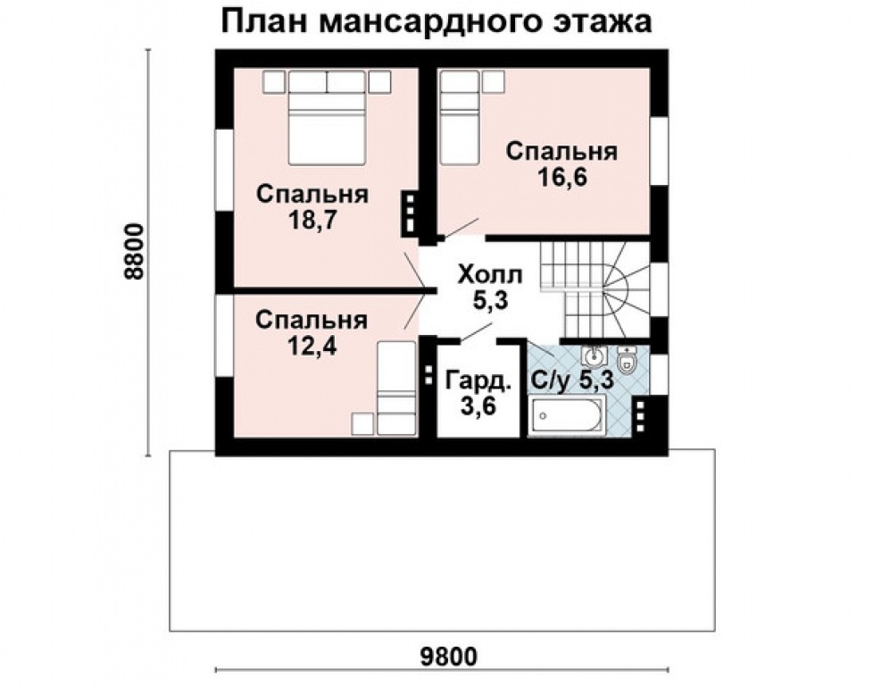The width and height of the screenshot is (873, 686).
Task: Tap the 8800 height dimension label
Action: pyautogui.click(x=135, y=251)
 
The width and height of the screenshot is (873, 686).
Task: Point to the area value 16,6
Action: pyautogui.click(x=561, y=178)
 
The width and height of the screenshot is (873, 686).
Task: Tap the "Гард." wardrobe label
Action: pyautogui.click(x=478, y=382)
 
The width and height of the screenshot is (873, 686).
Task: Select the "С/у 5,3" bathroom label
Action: pyautogui.click(x=572, y=381)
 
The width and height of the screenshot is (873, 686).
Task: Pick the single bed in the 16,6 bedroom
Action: pyautogui.click(x=461, y=125)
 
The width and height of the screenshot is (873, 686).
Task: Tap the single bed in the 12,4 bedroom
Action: pyautogui.click(x=394, y=387)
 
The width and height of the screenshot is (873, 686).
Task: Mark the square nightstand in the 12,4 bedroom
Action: pyautogui.click(x=362, y=422)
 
